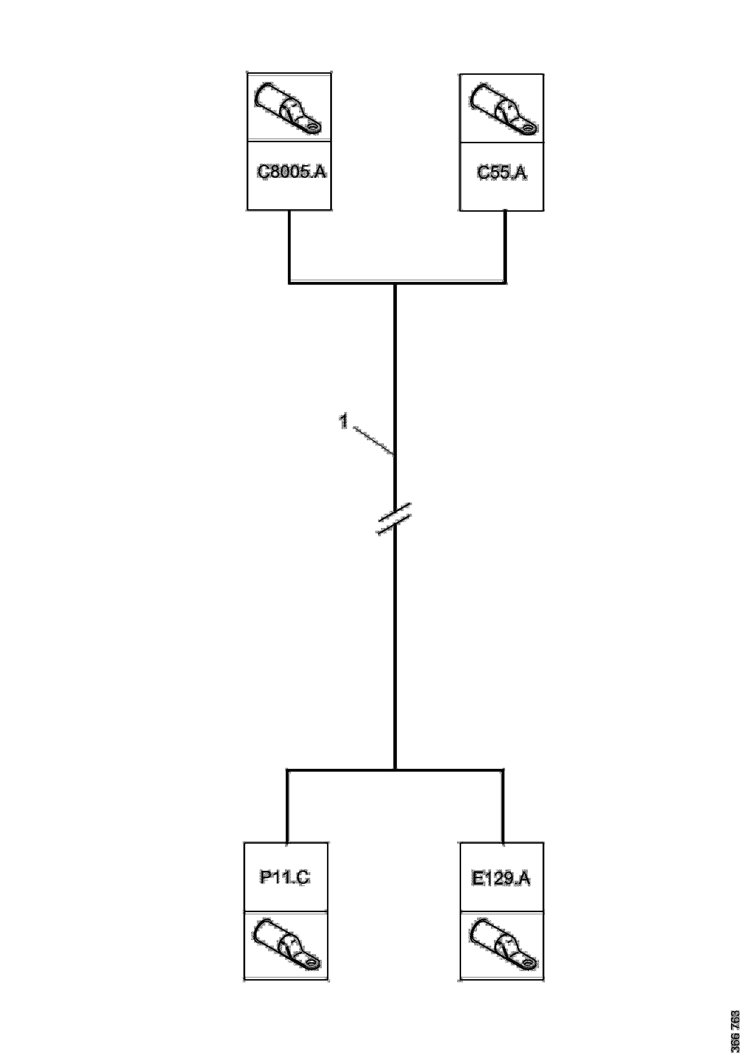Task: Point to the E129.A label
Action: [501, 878]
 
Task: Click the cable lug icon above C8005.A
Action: [289, 108]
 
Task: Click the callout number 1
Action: [344, 421]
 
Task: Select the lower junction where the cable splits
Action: [395, 770]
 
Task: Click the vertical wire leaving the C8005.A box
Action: [289, 245]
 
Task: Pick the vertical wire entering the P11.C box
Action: [287, 806]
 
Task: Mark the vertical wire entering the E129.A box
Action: [503, 806]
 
